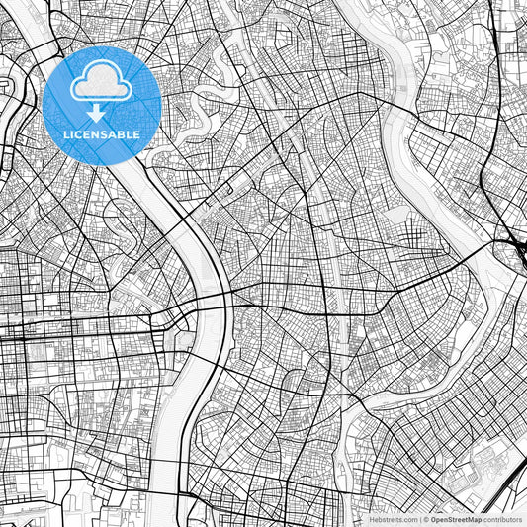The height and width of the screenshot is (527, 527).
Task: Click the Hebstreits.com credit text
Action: coord(390,518)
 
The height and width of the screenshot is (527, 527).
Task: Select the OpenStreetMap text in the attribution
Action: coord(455,518)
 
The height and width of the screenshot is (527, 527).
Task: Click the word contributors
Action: coord(502,518)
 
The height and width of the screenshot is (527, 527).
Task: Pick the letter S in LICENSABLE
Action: coord(103,133)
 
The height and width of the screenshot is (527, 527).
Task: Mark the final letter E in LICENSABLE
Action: coord(137,133)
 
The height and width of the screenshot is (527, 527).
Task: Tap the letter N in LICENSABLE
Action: coord(97,133)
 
